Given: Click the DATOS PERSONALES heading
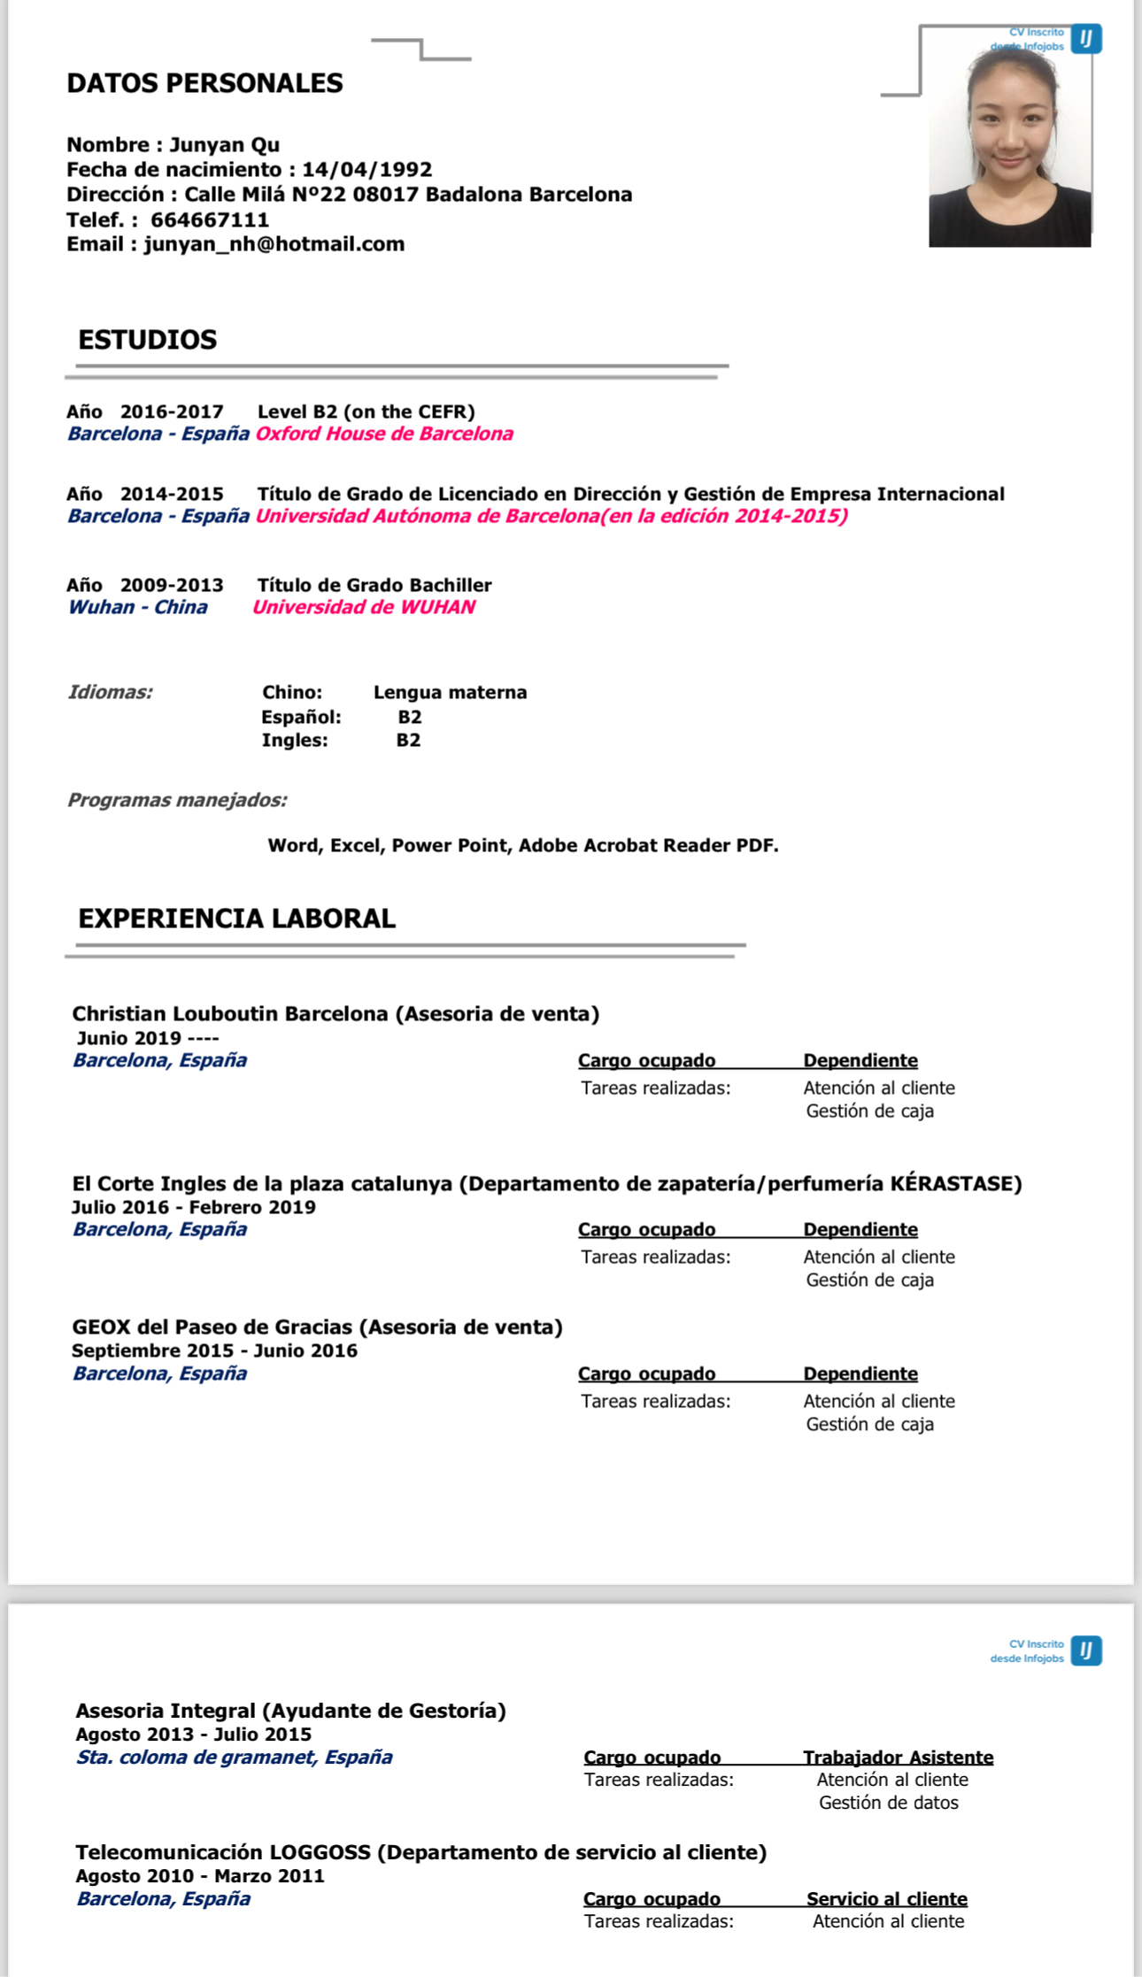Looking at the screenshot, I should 204,83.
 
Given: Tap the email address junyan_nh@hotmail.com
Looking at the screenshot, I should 274,244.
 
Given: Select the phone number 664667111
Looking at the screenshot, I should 210,219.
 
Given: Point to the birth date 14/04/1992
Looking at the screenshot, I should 367,170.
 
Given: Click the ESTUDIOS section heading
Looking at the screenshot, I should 147,340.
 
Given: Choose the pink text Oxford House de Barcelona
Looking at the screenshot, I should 384,434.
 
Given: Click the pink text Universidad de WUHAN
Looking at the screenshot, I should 364,607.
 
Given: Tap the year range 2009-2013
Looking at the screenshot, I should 172,585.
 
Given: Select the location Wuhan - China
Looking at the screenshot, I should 138,607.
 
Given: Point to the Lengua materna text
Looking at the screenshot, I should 450,692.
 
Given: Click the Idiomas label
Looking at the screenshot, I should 111,692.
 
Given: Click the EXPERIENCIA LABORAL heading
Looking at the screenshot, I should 236,919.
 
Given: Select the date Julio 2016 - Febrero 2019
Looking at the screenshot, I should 194,1207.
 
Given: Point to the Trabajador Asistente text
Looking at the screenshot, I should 898,1757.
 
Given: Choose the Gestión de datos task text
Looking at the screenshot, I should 888,1803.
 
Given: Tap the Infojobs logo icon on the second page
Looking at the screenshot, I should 1086,1650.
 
